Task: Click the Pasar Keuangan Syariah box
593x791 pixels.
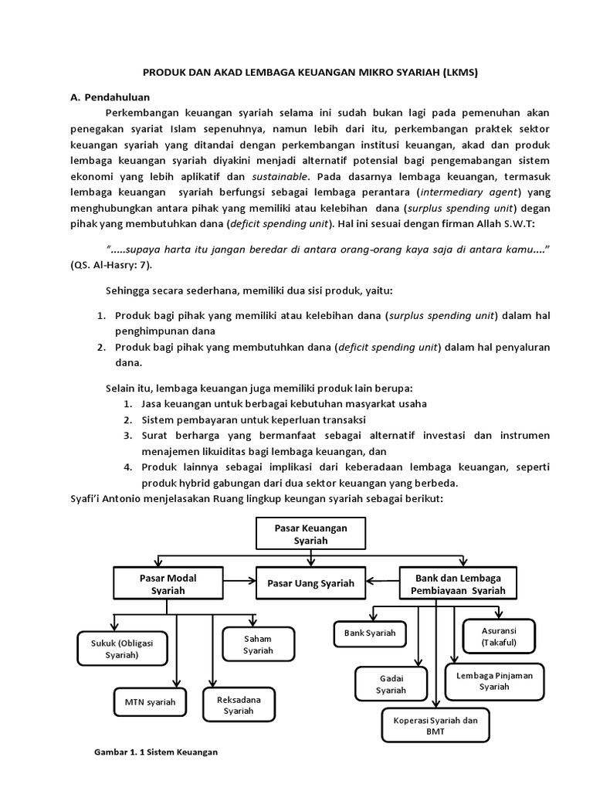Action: [x=311, y=534]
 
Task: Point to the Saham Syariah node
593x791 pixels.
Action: [x=258, y=644]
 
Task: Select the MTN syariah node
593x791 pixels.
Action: [x=150, y=702]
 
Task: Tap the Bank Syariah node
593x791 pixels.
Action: [x=369, y=633]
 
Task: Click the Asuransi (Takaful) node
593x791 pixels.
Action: [x=498, y=637]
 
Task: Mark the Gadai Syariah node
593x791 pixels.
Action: [x=390, y=684]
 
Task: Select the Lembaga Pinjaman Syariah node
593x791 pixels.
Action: [x=495, y=681]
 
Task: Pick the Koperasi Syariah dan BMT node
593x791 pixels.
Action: [x=434, y=726]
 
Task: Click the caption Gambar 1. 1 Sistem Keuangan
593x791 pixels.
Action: [x=156, y=751]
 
